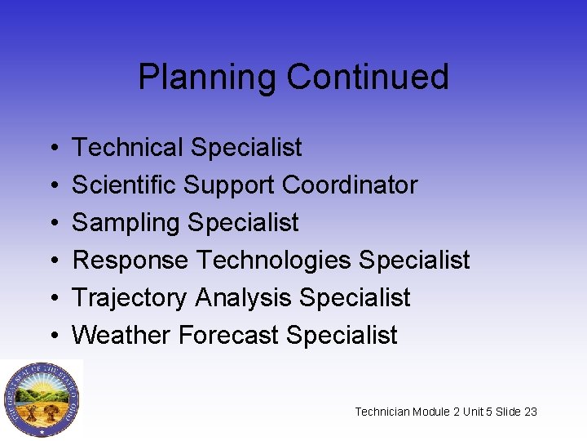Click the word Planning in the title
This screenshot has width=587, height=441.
pyautogui.click(x=208, y=78)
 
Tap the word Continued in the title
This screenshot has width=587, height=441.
pyautogui.click(x=368, y=78)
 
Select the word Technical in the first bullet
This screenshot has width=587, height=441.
pyautogui.click(x=127, y=148)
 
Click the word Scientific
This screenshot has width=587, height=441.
pyautogui.click(x=125, y=185)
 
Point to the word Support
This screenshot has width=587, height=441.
pyautogui.click(x=230, y=186)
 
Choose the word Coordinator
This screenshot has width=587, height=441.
pyautogui.click(x=350, y=185)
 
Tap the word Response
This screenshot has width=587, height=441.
pyautogui.click(x=131, y=261)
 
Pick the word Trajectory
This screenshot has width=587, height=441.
pyautogui.click(x=130, y=298)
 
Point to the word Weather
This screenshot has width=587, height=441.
pyautogui.click(x=121, y=335)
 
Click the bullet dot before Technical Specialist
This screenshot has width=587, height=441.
pyautogui.click(x=51, y=149)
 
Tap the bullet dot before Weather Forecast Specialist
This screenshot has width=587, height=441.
pyautogui.click(x=51, y=336)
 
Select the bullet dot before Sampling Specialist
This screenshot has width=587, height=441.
pyautogui.click(x=51, y=224)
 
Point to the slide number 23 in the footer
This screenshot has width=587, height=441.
pyautogui.click(x=530, y=412)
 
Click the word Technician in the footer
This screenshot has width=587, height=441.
pyautogui.click(x=382, y=412)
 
